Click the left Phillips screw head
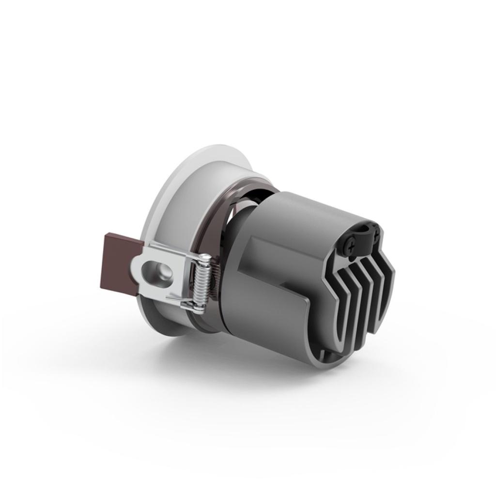click(351, 246)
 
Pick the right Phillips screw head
click(376, 234)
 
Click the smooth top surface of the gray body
click(310, 208)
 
